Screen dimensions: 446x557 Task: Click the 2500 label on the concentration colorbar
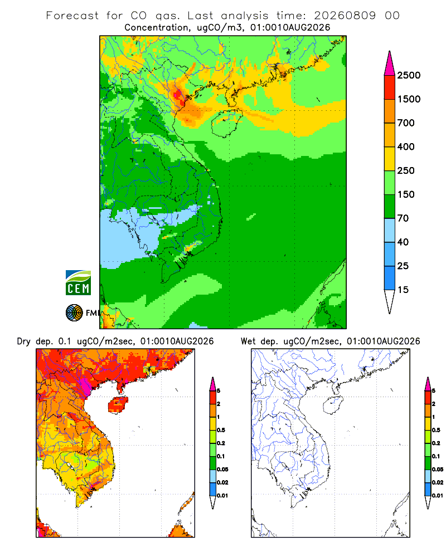[409, 75]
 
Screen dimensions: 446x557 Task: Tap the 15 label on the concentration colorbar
[403, 290]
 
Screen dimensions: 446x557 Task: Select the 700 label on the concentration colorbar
[406, 123]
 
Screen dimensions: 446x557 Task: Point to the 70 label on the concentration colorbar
[403, 218]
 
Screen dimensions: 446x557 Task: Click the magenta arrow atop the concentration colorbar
[390, 64]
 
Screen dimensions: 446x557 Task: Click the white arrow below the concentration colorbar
[390, 301]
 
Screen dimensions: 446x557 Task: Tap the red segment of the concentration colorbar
[390, 87]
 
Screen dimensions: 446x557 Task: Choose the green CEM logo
[78, 283]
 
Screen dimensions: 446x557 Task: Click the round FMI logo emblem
[74, 313]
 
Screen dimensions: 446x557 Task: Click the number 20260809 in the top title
[345, 16]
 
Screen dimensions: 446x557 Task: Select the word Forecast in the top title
[72, 16]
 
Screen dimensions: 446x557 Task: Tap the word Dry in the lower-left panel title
[23, 342]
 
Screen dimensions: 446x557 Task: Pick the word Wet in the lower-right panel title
[248, 341]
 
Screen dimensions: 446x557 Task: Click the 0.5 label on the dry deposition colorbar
[221, 430]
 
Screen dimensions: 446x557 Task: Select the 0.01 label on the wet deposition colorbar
[438, 496]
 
